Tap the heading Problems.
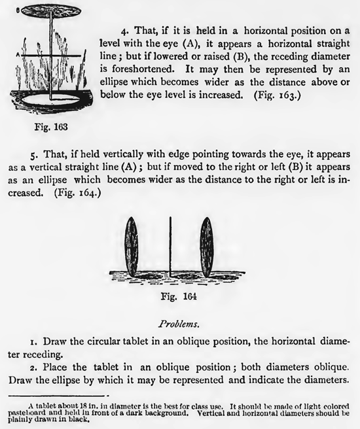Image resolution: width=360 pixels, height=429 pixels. click(179, 323)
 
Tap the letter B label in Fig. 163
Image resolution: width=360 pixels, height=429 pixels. click(7, 8)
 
